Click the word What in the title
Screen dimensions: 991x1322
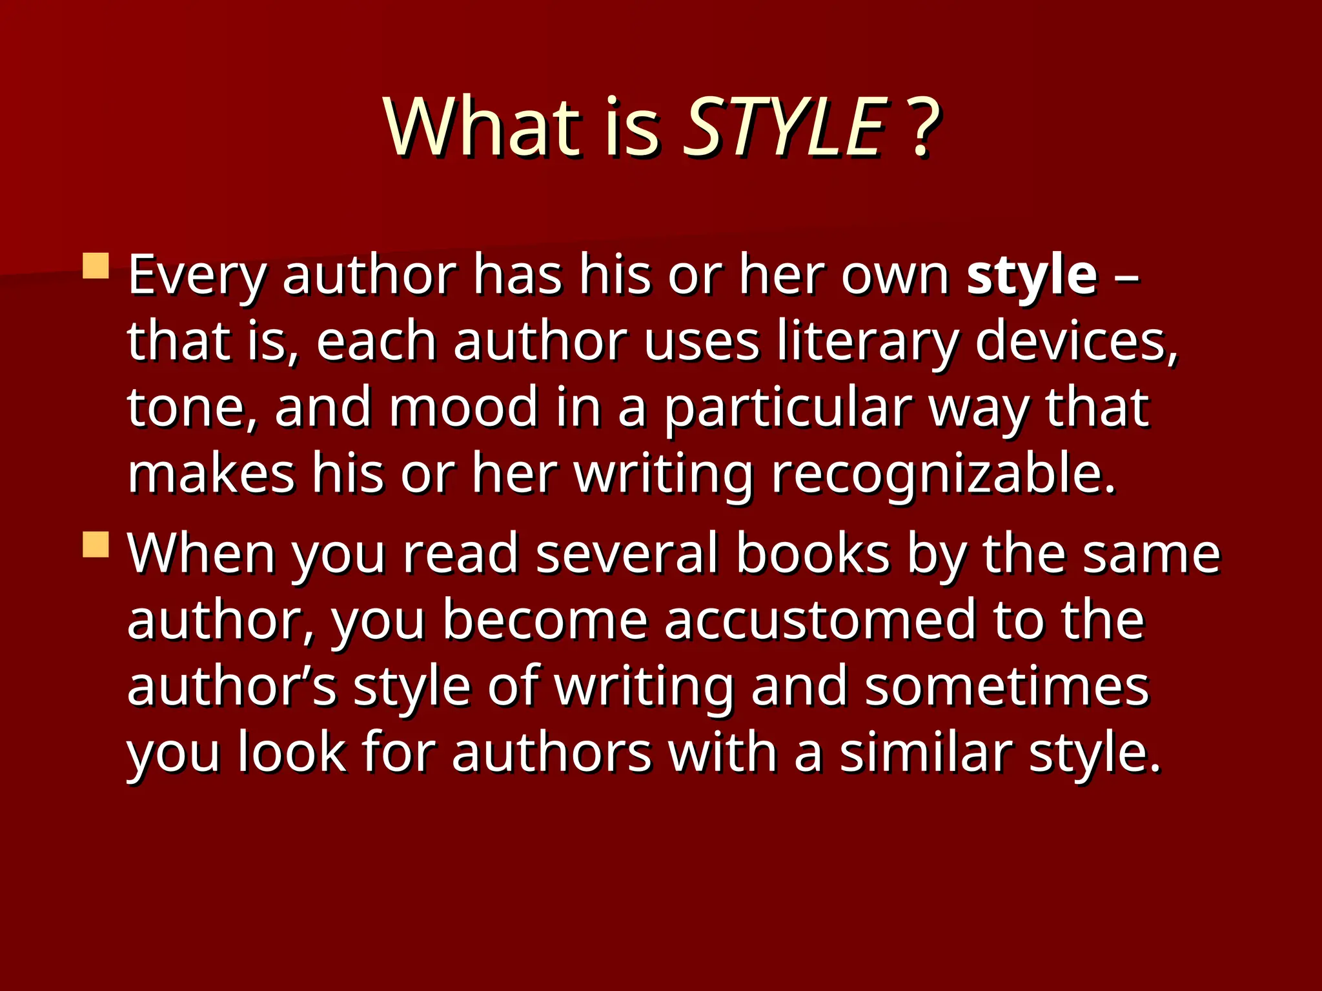point(482,126)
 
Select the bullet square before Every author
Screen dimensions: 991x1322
point(96,266)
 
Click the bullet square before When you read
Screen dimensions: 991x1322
point(96,545)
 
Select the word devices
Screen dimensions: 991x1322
point(1075,342)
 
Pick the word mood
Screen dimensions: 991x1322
point(463,408)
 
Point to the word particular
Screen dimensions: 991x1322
point(788,408)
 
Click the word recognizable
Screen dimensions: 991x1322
point(943,475)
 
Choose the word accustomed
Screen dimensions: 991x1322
point(820,621)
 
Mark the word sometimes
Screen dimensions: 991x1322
point(1007,686)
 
